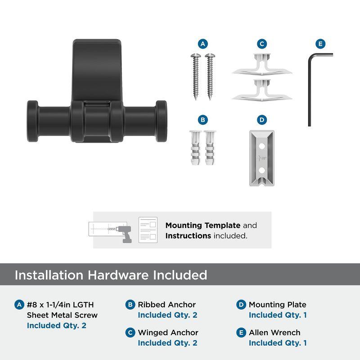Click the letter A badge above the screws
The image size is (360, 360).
(x=203, y=44)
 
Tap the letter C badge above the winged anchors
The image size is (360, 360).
(x=262, y=44)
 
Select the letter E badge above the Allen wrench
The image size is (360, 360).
(x=320, y=44)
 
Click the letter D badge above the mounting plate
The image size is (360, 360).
(x=262, y=120)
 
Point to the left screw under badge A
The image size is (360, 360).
(x=196, y=76)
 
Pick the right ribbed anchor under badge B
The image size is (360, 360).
(x=210, y=148)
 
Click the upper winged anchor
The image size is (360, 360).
(x=262, y=64)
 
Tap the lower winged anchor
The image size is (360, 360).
(x=262, y=90)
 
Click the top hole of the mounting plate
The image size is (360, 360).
(x=262, y=146)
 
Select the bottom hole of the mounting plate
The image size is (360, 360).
(x=262, y=170)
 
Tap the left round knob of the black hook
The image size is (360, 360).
(x=32, y=121)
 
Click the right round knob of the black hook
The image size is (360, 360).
(x=162, y=121)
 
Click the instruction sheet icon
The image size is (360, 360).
(x=148, y=230)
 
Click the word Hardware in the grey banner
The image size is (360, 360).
(x=118, y=275)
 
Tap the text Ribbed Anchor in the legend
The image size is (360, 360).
(x=166, y=305)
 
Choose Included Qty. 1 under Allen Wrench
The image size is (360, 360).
(x=278, y=343)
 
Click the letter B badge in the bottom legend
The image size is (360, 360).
(x=130, y=305)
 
